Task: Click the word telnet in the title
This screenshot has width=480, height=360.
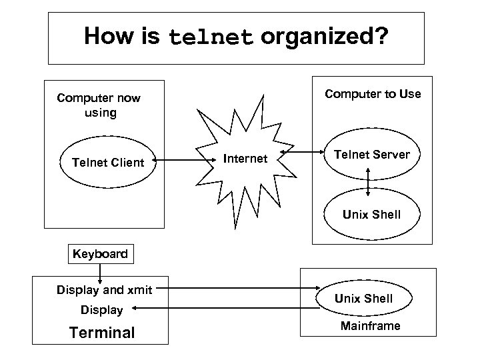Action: (x=211, y=37)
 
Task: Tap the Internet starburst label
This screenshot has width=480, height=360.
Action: (x=245, y=159)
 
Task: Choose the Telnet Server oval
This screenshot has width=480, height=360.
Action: (x=371, y=155)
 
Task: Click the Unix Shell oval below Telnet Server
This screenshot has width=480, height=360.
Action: (x=371, y=214)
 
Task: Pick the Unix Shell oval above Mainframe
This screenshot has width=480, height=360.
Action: (x=363, y=298)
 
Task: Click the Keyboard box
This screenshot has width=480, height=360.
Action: (x=99, y=254)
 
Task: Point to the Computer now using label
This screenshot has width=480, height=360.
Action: (x=99, y=105)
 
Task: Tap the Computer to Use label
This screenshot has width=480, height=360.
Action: (x=373, y=94)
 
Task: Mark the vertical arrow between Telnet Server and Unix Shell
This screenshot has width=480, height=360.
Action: (x=369, y=180)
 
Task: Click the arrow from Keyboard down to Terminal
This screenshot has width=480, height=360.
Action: (x=100, y=273)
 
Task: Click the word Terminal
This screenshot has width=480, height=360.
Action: (x=102, y=333)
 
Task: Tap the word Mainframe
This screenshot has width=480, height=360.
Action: (x=370, y=326)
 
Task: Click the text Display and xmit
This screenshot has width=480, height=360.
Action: (x=104, y=290)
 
